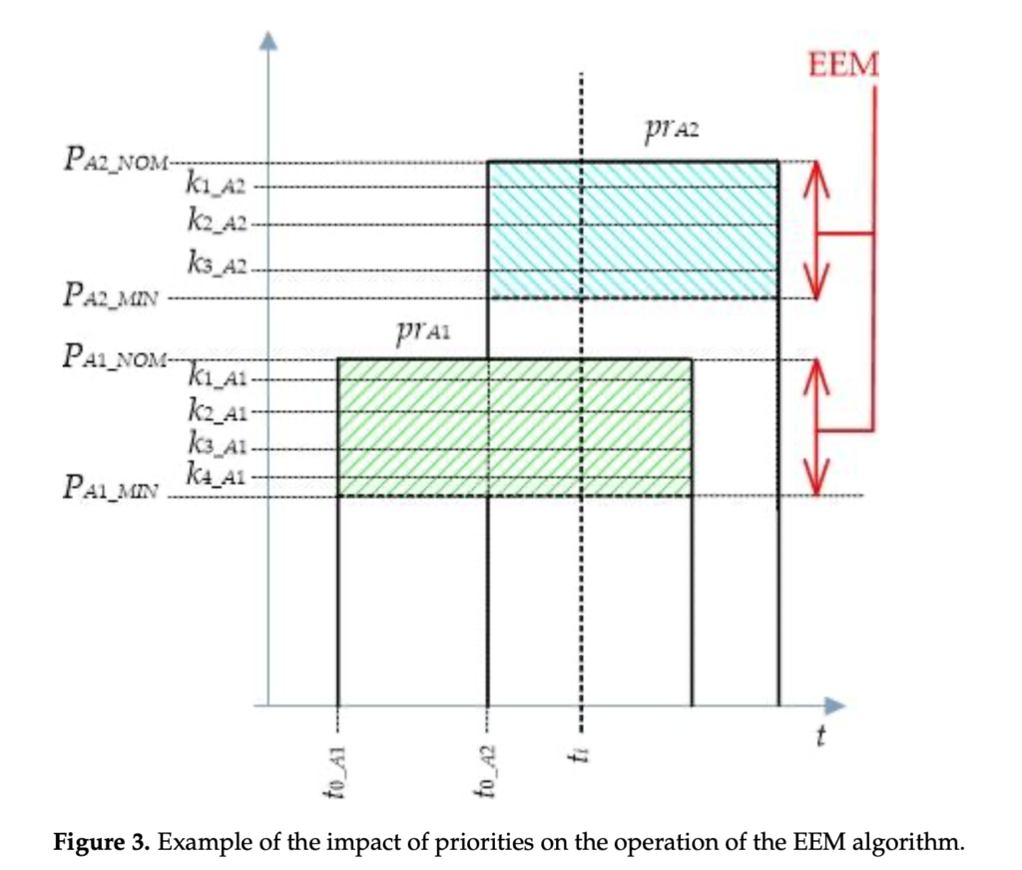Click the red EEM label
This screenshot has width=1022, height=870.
click(x=843, y=66)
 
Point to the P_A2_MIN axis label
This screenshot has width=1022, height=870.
click(x=110, y=296)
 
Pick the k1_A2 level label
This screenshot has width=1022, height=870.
click(x=216, y=185)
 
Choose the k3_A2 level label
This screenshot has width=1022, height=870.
click(x=216, y=264)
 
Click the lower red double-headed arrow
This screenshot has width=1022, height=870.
click(x=817, y=427)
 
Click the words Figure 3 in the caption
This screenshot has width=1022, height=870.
click(x=100, y=841)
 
